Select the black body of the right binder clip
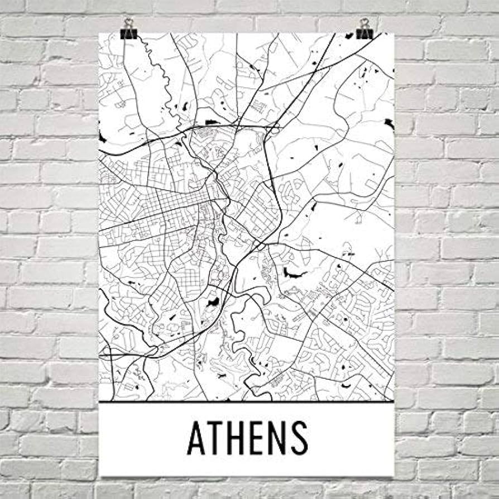click(365, 33)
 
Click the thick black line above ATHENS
click(246, 401)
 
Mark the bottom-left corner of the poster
click(100, 476)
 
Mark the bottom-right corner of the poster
click(394, 476)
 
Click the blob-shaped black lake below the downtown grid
click(212, 303)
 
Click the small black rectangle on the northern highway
click(211, 122)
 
